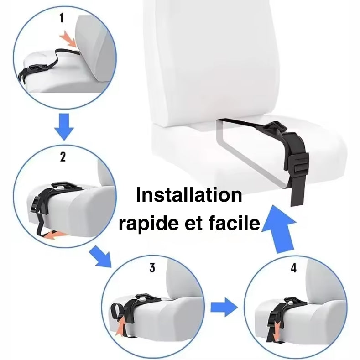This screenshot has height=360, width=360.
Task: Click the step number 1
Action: coord(61,18)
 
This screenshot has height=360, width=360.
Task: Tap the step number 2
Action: coord(63,157)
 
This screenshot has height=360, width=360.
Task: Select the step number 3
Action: coord(152,268)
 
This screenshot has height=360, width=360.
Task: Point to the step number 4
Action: coord(293,268)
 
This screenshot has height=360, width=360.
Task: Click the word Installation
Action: coord(189,195)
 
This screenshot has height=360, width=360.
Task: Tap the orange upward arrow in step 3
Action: coord(121,326)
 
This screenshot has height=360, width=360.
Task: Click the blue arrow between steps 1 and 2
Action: coord(64,126)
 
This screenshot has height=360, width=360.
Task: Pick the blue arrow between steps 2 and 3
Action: coord(100,256)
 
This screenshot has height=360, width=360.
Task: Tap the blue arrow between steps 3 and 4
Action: coord(224,307)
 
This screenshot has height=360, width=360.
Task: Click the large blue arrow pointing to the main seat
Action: coord(280,230)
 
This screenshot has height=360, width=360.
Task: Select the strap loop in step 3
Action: coord(118,311)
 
